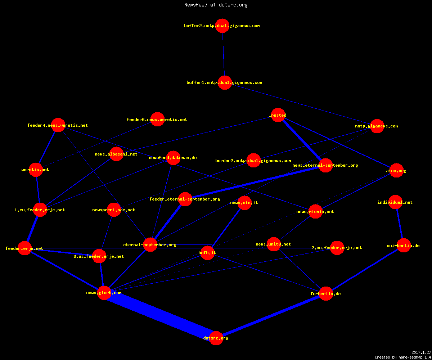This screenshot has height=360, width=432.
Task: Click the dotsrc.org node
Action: click(x=216, y=338)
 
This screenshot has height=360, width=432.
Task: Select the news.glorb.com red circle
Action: click(x=104, y=293)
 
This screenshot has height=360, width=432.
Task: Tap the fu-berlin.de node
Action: click(x=326, y=294)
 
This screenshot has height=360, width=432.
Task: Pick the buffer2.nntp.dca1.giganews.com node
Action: click(x=222, y=26)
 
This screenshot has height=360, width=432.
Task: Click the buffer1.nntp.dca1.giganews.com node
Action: click(x=225, y=82)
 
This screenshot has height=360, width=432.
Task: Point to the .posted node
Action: click(x=278, y=115)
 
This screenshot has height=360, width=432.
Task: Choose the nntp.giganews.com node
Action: click(x=377, y=126)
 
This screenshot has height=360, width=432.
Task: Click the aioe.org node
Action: click(x=396, y=171)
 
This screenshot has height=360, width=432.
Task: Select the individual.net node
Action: click(x=395, y=202)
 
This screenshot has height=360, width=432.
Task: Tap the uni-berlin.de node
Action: click(x=404, y=246)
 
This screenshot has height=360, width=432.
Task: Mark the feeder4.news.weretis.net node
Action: click(x=58, y=125)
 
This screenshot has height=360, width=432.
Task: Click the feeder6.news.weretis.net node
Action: click(x=157, y=120)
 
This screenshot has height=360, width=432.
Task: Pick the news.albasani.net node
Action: click(x=117, y=154)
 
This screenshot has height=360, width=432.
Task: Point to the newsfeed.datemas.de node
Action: click(x=173, y=158)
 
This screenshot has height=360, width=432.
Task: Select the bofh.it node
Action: click(x=207, y=253)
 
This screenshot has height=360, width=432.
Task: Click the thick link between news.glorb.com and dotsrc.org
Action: click(x=160, y=315)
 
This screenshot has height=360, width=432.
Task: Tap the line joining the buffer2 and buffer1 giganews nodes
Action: click(x=224, y=54)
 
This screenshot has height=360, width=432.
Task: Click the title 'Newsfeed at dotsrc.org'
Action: click(x=216, y=5)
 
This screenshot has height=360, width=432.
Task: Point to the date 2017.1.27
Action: click(x=421, y=352)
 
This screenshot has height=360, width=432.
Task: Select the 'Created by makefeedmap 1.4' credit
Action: click(x=403, y=357)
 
